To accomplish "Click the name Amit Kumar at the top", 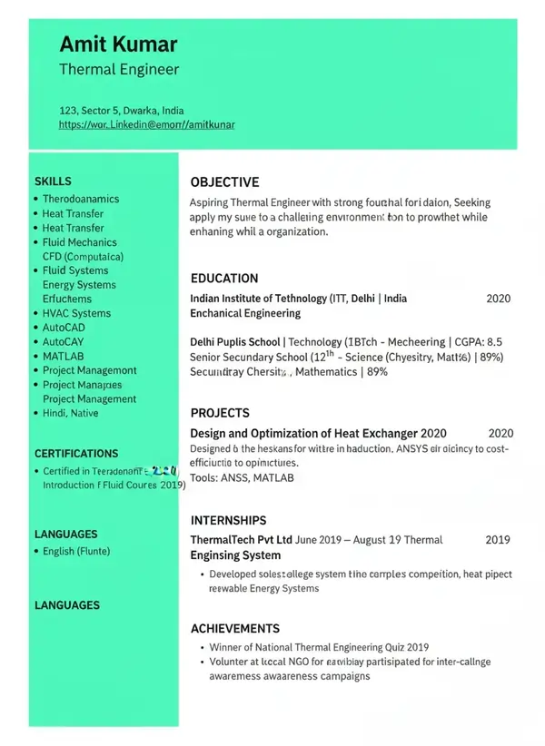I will point(118,44).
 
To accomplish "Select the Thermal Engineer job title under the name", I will point(119,69).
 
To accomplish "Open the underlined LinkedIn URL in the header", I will point(146,124).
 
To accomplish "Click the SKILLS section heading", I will point(53,182).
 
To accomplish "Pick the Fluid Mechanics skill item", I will point(79,242).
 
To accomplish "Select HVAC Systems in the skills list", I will point(76,313).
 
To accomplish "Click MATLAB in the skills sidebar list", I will point(63,356).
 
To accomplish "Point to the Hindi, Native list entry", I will point(70,413).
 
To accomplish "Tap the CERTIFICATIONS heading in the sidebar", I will point(76,453).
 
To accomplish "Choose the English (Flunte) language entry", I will point(76,551).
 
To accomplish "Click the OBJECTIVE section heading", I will point(224,182).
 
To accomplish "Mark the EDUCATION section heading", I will point(224,279).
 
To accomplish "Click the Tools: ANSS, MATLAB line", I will point(242,477).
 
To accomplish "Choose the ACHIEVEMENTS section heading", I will point(234,628).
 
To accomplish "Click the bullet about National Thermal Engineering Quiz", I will point(319,647).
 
